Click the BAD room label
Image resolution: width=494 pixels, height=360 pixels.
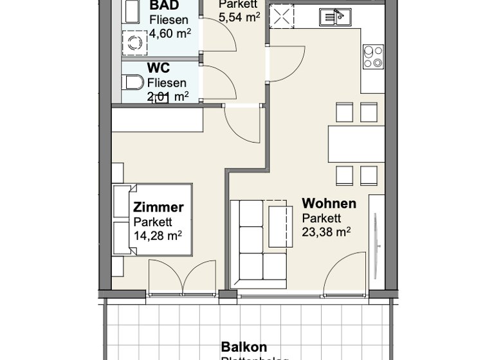[164, 6]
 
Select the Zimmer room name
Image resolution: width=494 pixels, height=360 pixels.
[158, 207]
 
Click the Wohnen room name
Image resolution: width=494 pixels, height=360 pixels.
[329, 204]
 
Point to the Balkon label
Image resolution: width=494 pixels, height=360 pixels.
[244, 347]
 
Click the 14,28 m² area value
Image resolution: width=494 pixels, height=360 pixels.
[158, 235]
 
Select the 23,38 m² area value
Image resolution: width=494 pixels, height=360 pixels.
[326, 231]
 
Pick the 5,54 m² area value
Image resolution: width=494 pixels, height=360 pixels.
[239, 17]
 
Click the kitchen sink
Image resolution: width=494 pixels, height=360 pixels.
[334, 17]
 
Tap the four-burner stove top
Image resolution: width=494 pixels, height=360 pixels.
[373, 56]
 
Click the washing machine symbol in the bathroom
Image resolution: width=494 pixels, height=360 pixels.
[135, 44]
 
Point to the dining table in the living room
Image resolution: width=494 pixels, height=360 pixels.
[356, 144]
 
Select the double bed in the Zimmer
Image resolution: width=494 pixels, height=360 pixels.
[153, 221]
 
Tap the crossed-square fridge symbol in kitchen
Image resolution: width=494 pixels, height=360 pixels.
[281, 16]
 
